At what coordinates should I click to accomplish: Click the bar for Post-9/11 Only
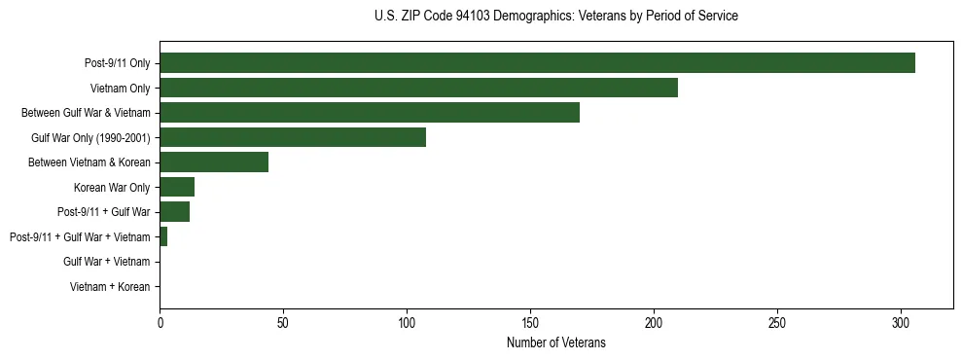coord(537,63)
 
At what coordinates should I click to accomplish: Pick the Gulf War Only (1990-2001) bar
coord(293,137)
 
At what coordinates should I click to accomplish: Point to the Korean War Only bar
coord(177,187)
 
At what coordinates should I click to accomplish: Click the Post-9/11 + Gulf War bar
coord(174,212)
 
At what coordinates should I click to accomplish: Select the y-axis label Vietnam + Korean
coord(110,287)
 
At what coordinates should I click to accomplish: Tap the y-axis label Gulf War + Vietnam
coord(106,262)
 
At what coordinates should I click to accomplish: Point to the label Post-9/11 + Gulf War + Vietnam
coord(80,237)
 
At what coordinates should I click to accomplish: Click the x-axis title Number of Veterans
coord(555,342)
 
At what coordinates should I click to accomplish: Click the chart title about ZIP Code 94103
coord(555,17)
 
